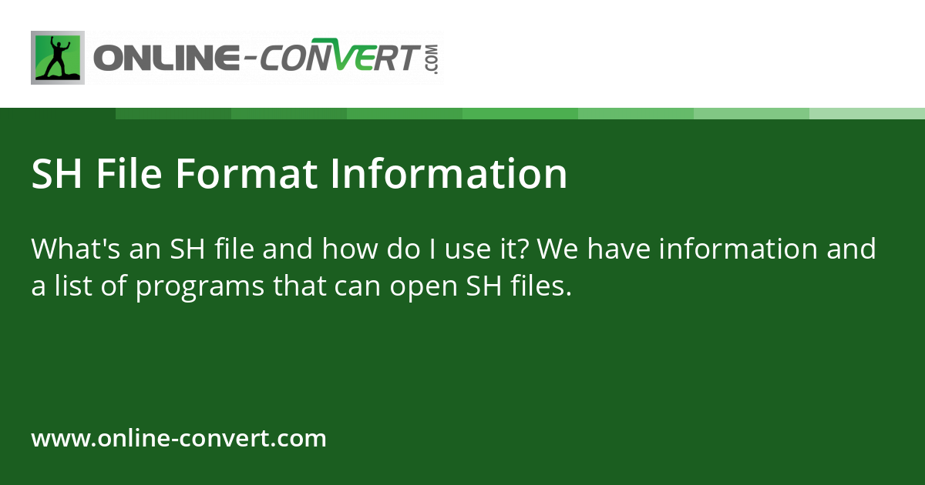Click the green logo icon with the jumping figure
pos(57,58)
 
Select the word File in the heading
pos(129,174)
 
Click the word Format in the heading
pos(247,174)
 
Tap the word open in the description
pos(423,287)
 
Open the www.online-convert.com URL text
pos(179,439)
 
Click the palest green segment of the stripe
pos(866,113)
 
